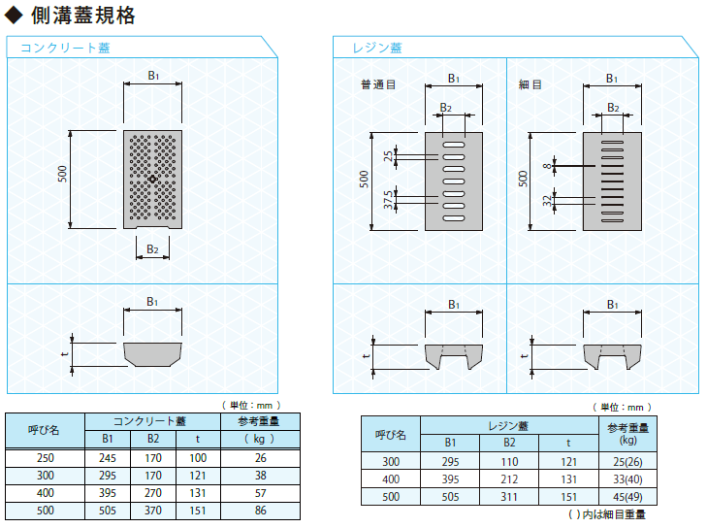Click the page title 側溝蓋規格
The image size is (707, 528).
(x=83, y=16)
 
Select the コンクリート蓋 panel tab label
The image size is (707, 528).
(x=65, y=48)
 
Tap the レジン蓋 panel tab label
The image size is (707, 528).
(x=377, y=48)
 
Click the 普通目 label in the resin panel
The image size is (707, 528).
(x=378, y=84)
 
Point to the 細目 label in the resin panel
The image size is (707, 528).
(x=530, y=84)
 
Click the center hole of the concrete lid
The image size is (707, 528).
(x=152, y=180)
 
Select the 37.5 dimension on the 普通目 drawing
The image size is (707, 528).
(x=388, y=200)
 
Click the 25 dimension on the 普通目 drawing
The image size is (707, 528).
(x=388, y=156)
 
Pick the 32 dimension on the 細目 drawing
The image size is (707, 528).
(x=547, y=200)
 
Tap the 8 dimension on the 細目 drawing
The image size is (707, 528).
(x=547, y=166)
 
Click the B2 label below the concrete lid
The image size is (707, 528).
(x=152, y=249)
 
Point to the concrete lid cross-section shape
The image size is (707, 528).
(x=152, y=354)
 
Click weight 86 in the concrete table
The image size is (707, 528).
(x=261, y=511)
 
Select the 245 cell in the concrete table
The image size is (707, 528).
(x=108, y=458)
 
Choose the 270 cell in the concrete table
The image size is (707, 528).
(x=153, y=493)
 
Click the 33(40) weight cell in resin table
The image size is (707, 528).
(x=627, y=479)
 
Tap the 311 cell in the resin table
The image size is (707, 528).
(x=509, y=497)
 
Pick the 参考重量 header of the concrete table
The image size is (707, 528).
(x=259, y=421)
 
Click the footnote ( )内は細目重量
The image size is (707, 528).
(x=607, y=514)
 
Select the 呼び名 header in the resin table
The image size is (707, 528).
(x=391, y=435)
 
